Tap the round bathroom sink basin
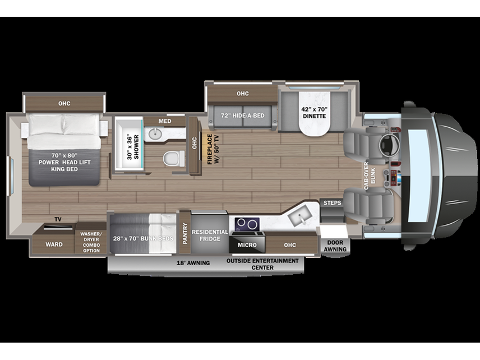(154, 135)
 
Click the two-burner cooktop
(246, 224)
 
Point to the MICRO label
(247, 245)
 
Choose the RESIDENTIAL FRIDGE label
(210, 235)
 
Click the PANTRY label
(184, 232)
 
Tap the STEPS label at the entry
(331, 202)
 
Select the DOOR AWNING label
(335, 246)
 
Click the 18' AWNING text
(193, 262)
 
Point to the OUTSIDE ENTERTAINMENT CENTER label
(262, 264)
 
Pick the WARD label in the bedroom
(54, 244)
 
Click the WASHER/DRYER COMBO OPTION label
(90, 242)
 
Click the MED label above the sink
(165, 121)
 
